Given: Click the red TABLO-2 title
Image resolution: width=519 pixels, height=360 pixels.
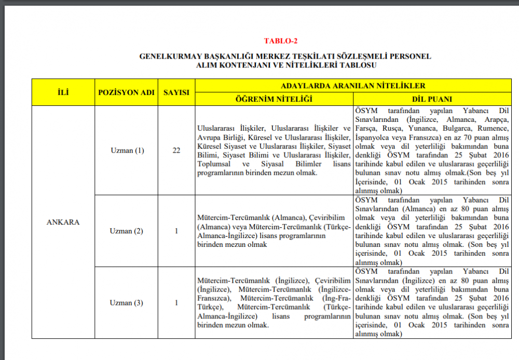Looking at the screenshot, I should [280, 41].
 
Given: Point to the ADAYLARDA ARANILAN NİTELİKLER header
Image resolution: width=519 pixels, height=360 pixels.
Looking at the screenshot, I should [353, 86].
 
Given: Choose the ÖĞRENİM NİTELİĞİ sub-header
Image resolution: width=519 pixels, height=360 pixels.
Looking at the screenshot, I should [274, 99].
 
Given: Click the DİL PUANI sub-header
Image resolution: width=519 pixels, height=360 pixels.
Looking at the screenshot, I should [432, 99].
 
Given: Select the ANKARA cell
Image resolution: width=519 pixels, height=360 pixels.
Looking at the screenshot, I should [63, 222].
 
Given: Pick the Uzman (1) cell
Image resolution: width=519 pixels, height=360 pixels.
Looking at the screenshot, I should [127, 150].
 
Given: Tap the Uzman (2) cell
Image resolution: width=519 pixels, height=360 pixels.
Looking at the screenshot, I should [127, 231].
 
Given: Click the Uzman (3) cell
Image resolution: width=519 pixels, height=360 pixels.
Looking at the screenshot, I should [127, 302].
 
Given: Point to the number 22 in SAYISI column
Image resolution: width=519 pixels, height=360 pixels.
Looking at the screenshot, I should [176, 150].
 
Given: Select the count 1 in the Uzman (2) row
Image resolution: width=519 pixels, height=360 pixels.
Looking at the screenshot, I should [176, 231].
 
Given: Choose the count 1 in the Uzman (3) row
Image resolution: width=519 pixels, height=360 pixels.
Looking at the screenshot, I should [176, 302].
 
